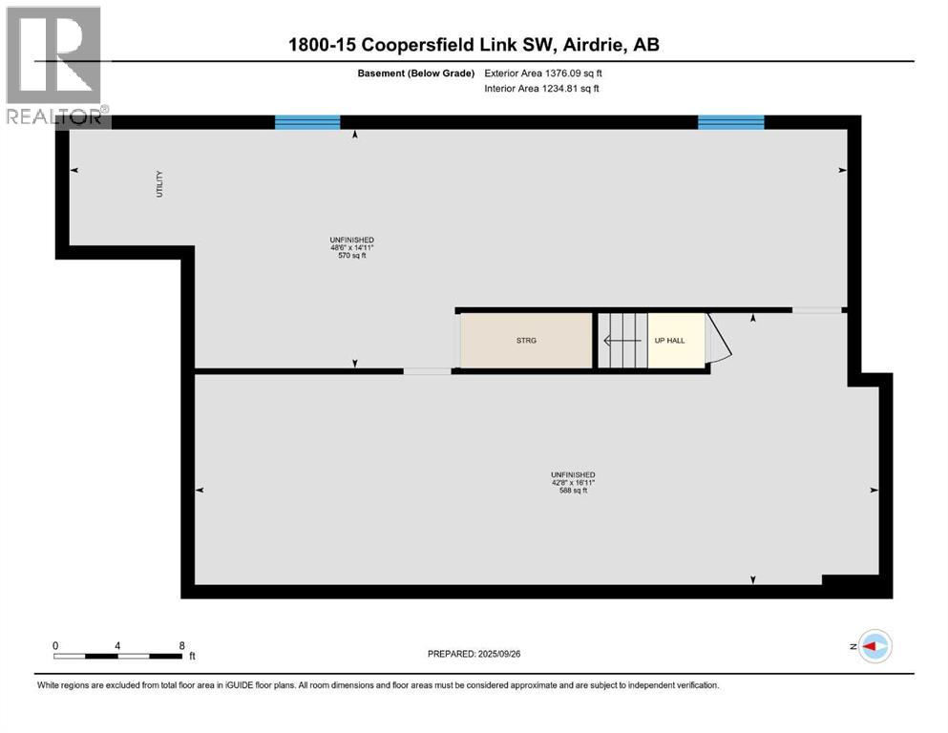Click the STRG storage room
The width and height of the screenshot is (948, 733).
pos(526,341)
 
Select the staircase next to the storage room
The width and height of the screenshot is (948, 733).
pos(621,341)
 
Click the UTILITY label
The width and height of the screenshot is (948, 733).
pos(159,184)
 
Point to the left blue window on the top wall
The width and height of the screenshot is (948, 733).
pos(307,121)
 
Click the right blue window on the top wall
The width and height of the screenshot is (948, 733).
pos(730,121)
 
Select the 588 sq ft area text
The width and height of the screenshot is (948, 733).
pos(573,492)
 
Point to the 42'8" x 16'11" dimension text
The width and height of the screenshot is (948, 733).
pos(573,483)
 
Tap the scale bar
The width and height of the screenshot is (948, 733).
pos(116,656)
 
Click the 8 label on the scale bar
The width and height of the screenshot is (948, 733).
pos(181,645)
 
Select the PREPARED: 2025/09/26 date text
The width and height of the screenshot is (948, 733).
pos(474,654)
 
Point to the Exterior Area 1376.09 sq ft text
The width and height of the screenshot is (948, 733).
pos(543,73)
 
